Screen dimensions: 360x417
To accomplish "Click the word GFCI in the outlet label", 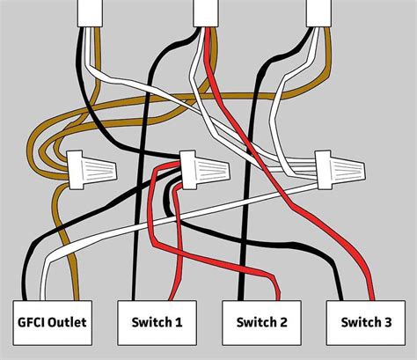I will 33,323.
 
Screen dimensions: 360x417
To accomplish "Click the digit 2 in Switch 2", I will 284,323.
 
